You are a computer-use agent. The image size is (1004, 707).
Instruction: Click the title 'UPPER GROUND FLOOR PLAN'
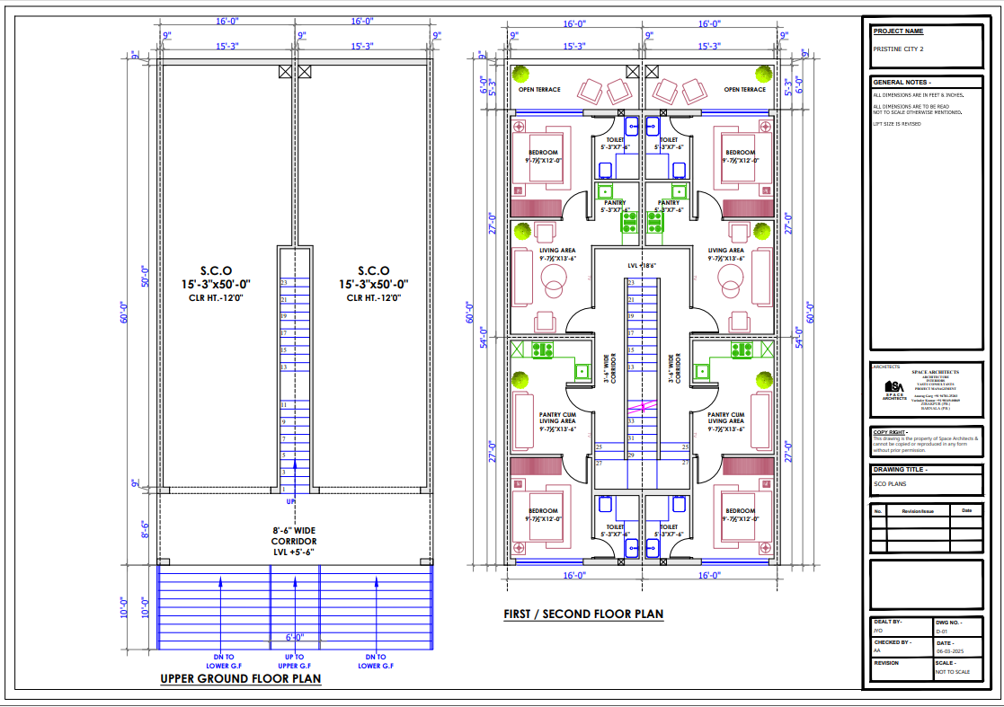tap(240, 679)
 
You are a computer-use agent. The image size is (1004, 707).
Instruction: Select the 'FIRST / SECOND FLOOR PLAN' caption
tap(583, 614)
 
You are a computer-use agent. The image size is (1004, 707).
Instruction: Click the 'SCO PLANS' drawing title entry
tap(891, 483)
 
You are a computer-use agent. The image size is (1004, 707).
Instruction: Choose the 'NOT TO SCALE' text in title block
tap(953, 672)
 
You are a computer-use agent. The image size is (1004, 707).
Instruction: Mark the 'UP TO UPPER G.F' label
tap(294, 661)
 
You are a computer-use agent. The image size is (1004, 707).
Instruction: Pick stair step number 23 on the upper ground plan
tap(283, 283)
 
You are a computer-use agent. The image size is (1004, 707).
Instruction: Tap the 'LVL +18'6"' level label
tap(642, 266)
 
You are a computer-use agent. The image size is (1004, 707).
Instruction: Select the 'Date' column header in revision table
tap(966, 510)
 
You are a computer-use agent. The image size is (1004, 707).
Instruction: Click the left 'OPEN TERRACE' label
tap(539, 90)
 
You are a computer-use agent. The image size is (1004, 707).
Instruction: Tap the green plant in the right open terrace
tap(763, 74)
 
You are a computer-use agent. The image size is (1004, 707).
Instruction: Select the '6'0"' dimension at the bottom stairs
tap(295, 637)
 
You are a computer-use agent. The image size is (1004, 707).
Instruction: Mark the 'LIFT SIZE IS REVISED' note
tap(897, 124)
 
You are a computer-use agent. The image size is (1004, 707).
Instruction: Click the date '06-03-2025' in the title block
tap(949, 651)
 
